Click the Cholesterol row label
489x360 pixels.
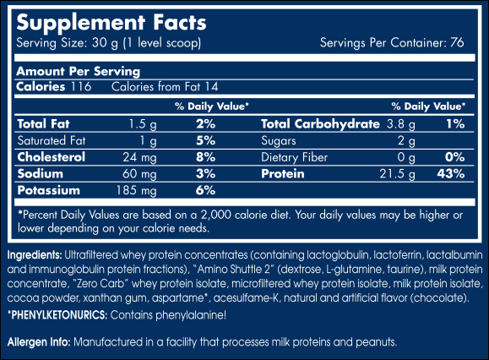pos(50,157)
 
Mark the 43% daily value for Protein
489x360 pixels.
pos(451,174)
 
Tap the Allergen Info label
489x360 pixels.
pos(38,341)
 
